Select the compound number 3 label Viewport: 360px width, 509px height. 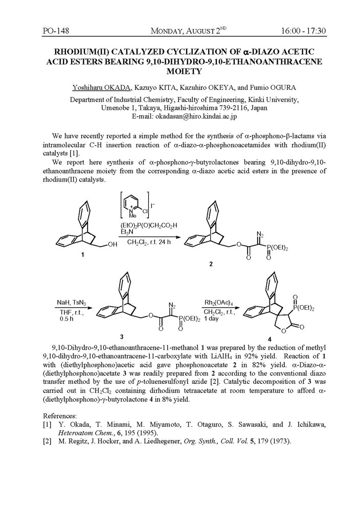(121, 336)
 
